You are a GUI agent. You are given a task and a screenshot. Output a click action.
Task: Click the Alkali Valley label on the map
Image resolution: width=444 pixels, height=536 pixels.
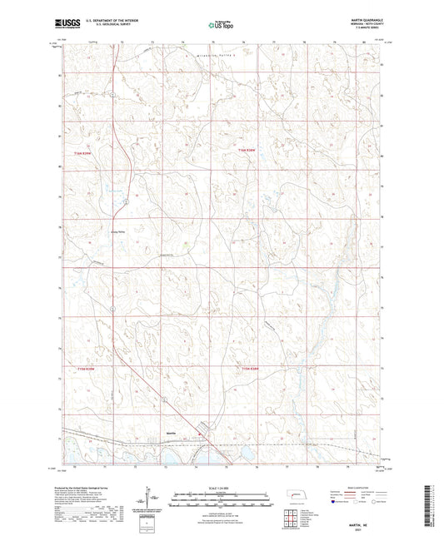point(117,233)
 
